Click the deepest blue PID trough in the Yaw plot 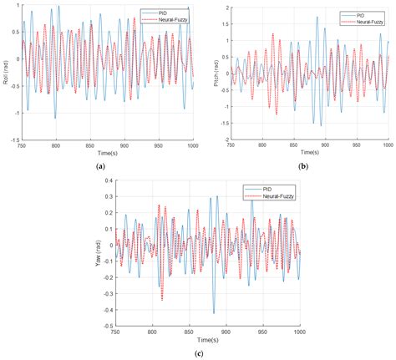213,313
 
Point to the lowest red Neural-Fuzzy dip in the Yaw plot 162,299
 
